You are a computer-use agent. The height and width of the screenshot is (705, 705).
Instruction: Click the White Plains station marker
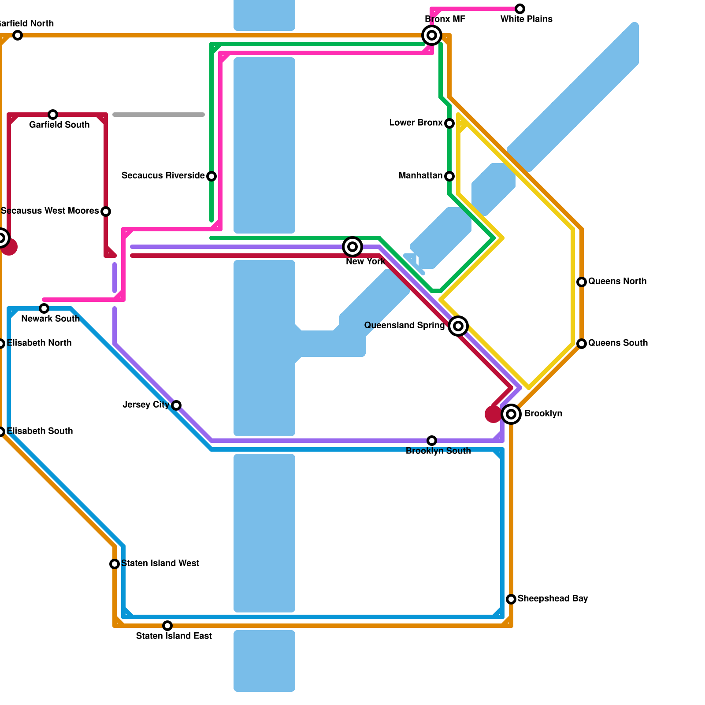(520, 9)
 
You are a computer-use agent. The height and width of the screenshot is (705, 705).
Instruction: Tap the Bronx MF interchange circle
(432, 35)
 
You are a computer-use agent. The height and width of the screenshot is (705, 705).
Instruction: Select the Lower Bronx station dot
(449, 123)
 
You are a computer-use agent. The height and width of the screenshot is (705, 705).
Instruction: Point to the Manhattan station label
(420, 176)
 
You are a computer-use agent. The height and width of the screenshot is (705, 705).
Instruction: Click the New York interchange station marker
(352, 247)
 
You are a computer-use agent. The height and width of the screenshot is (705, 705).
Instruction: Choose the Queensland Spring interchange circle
(458, 326)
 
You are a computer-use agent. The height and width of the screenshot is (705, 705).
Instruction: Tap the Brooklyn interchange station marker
(511, 414)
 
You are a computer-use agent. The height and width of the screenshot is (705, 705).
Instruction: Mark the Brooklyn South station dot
(432, 441)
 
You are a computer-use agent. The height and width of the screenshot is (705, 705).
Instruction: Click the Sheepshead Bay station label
(553, 598)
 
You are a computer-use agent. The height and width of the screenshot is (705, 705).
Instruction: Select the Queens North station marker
(582, 282)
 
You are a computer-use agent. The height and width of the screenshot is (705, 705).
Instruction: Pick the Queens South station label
(618, 343)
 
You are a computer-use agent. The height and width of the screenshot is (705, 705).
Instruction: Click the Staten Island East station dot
(167, 626)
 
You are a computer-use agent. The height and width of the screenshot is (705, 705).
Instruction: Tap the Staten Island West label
(160, 563)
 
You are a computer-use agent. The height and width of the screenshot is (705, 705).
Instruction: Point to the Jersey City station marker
(176, 405)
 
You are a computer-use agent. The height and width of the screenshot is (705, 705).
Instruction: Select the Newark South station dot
(44, 308)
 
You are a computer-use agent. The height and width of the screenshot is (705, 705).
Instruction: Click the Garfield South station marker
(53, 115)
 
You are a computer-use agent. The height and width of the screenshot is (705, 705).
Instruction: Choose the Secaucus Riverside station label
(163, 176)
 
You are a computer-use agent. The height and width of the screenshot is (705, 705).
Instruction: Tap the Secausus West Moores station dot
(106, 211)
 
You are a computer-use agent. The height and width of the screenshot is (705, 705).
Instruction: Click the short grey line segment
(159, 115)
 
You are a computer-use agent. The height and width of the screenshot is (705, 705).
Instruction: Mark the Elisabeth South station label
(40, 431)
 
